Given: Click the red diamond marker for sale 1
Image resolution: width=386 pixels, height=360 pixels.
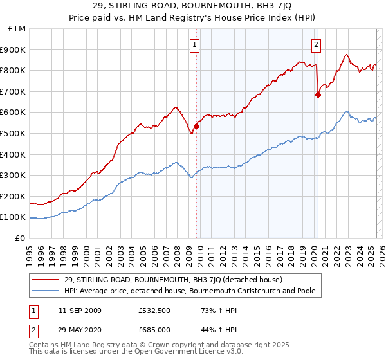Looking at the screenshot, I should [196, 126].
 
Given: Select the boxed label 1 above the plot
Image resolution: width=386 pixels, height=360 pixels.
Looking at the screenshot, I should [194, 44].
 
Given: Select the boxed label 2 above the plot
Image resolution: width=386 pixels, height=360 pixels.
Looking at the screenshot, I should [317, 44].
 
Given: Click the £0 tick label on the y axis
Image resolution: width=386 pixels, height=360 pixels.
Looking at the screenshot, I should [21, 238].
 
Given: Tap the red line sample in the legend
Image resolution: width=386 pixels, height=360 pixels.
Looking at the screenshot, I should [46, 280].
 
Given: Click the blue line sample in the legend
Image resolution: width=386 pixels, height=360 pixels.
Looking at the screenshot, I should [46, 291].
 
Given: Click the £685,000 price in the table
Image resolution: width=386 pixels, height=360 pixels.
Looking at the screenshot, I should [154, 329].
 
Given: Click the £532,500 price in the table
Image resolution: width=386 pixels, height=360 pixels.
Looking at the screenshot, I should [154, 310].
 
